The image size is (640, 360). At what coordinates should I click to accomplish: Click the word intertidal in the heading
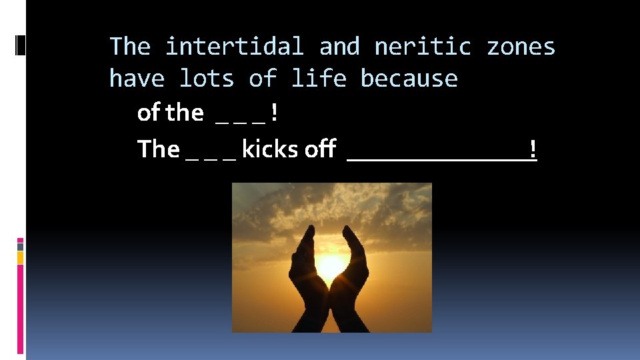tap(234, 47)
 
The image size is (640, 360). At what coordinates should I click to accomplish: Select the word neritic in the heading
tap(423, 47)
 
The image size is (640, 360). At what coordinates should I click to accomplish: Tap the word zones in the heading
tap(521, 47)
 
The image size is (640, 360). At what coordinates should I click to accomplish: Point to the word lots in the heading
tap(207, 79)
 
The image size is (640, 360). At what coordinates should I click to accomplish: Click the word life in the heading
tap(318, 79)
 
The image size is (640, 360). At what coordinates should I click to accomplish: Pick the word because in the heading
tap(409, 79)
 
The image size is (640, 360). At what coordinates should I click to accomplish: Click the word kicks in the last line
tap(270, 149)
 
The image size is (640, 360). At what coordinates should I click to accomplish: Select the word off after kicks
tap(320, 149)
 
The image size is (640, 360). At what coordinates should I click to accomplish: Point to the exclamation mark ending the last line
tap(533, 149)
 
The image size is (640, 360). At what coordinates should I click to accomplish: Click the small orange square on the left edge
tap(20, 257)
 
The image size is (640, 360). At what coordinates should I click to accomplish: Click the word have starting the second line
tap(137, 79)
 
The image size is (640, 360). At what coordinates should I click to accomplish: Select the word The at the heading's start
tap(130, 47)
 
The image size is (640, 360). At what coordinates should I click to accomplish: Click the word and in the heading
tap(339, 47)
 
